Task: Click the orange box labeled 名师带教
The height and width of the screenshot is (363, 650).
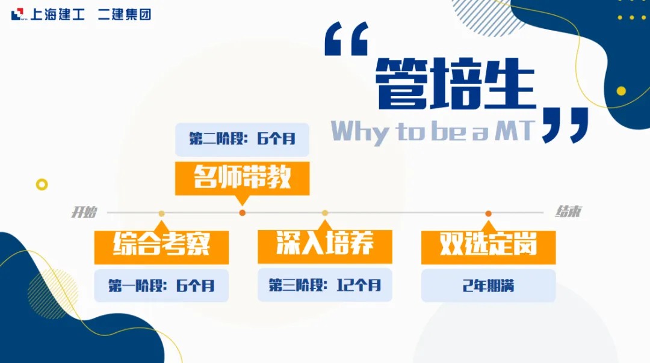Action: pos(242,178)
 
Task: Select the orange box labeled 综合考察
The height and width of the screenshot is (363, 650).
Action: pos(161,247)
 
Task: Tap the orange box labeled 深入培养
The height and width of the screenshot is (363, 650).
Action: pos(325,246)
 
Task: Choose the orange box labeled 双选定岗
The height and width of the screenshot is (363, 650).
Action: pos(488,247)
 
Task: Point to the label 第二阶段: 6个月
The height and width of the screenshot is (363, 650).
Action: pos(242,139)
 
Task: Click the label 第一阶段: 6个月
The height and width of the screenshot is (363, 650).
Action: pos(161,285)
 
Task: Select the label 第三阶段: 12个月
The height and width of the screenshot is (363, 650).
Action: pos(325,285)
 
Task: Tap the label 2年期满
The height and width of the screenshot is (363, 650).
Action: pos(488,285)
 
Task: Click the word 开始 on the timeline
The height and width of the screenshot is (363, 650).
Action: pos(84,212)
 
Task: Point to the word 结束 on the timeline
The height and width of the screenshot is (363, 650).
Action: pos(568,212)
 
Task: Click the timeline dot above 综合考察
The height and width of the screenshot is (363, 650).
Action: pos(161,213)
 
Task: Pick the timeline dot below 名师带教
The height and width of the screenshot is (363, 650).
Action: pos(243,213)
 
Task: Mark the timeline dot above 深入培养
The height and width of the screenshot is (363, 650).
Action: pos(325,213)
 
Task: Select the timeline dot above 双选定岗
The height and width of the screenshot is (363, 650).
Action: pos(488,213)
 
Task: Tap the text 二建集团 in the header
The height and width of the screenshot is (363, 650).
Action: pos(125,14)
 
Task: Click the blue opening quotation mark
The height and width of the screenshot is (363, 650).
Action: pos(347,38)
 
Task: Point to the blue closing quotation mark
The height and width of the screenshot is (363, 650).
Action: pos(565,125)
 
